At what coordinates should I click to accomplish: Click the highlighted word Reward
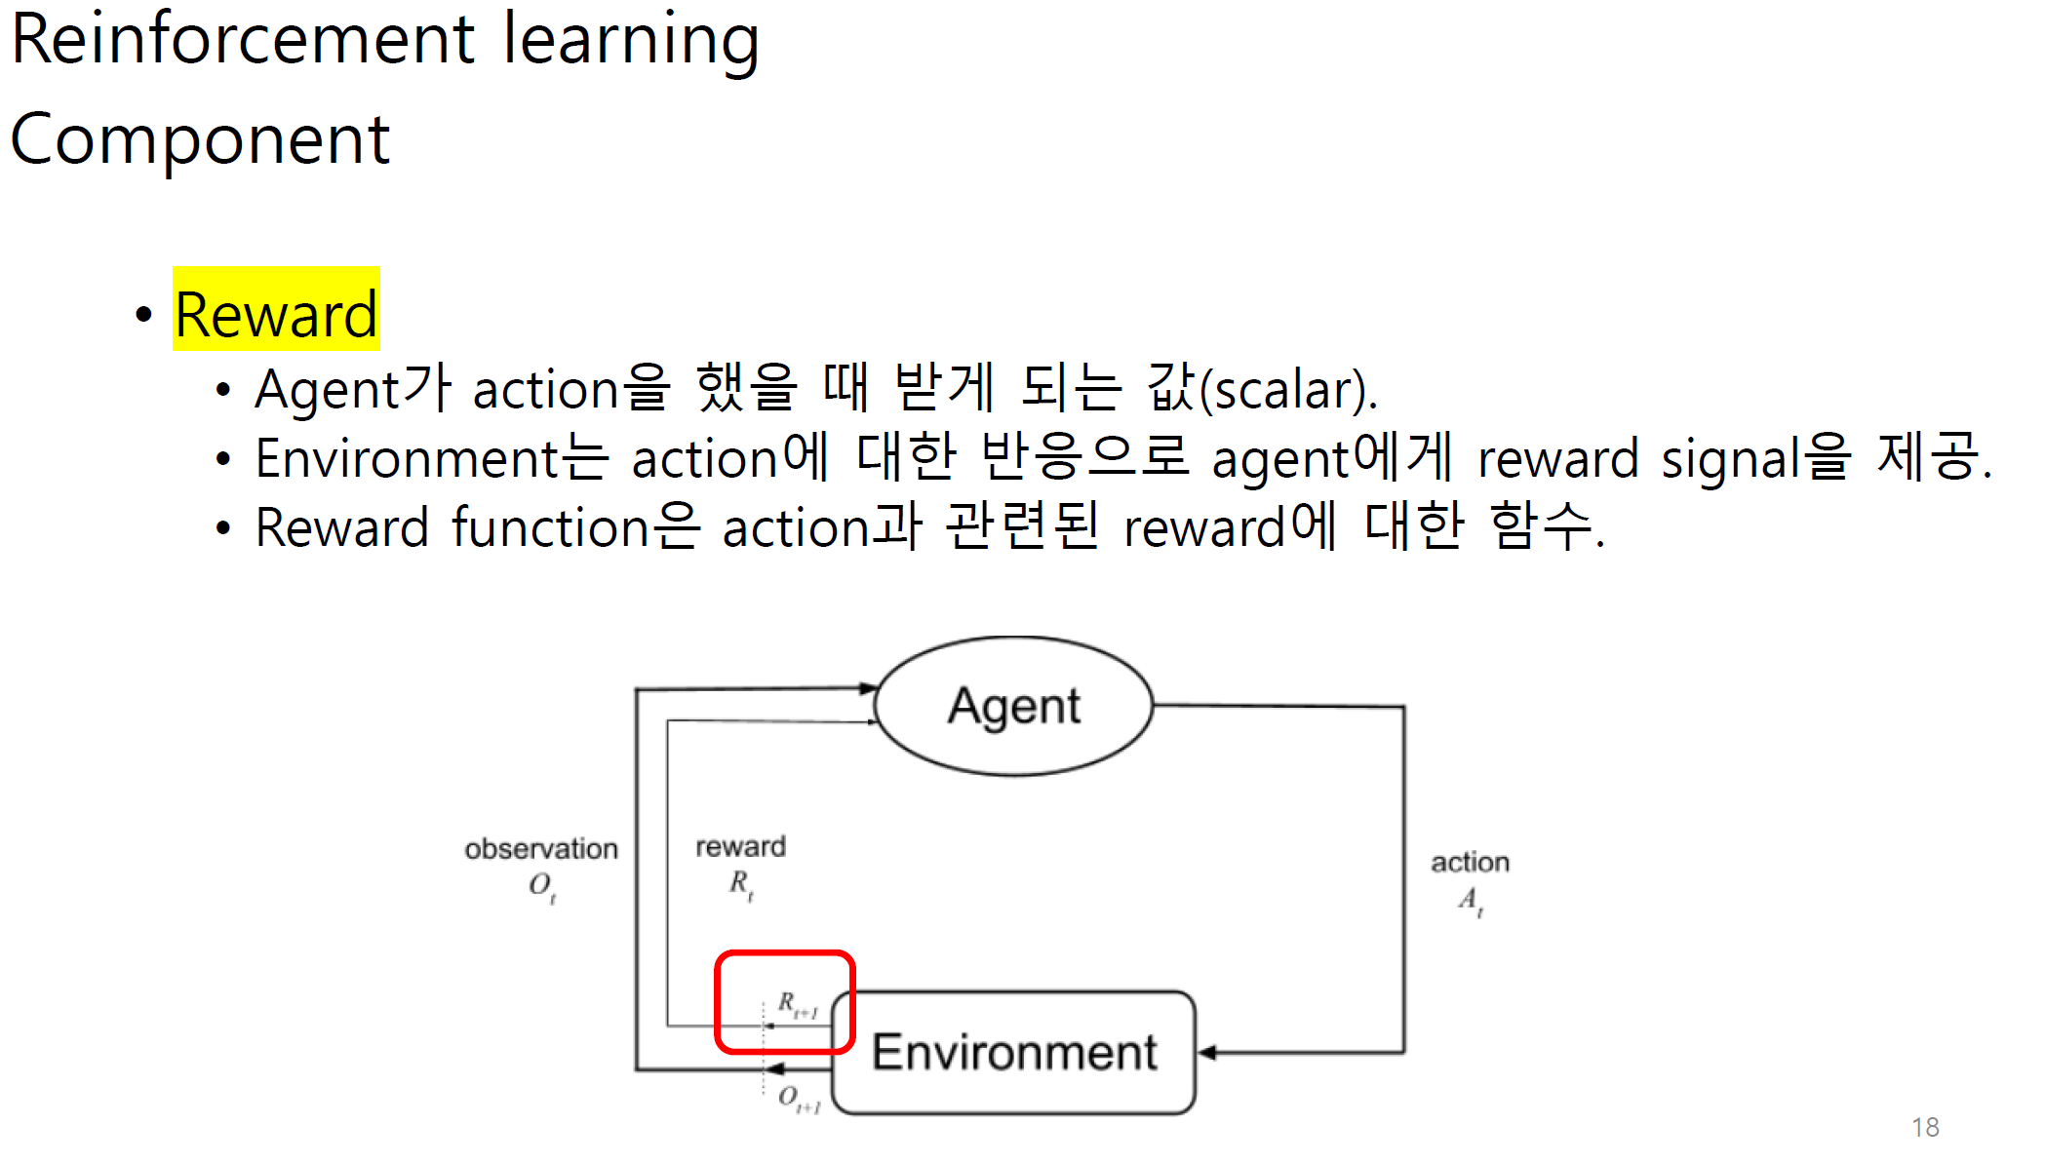(276, 314)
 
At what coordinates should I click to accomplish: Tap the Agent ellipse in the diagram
(1014, 706)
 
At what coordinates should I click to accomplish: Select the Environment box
(1014, 1052)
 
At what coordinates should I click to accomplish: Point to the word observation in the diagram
(541, 849)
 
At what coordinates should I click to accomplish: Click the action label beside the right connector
(1470, 862)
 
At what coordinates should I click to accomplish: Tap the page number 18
(1925, 1127)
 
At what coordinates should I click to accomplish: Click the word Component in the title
(200, 139)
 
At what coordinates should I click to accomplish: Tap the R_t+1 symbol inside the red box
(796, 1004)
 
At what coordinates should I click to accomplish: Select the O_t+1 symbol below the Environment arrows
(799, 1099)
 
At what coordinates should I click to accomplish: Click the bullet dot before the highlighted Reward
(144, 314)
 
